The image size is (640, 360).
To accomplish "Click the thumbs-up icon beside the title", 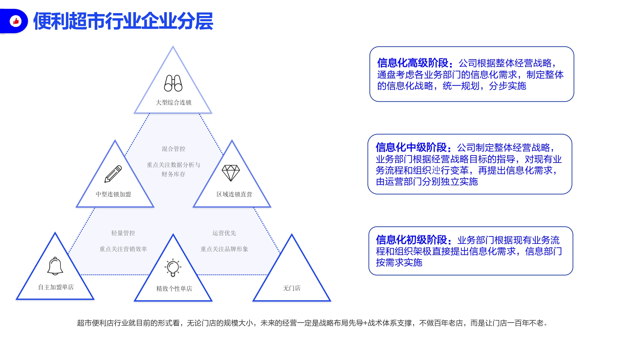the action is click(16, 21).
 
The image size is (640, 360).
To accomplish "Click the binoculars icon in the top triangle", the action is click(173, 83).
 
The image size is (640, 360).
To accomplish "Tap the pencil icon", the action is click(113, 174).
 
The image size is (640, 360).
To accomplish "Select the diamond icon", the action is click(231, 173).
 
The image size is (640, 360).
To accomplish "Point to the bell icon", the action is click(55, 266).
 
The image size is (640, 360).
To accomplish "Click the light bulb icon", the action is click(173, 268).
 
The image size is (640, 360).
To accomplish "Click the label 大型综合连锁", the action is click(173, 102).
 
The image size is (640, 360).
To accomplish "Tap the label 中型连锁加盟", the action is click(113, 194).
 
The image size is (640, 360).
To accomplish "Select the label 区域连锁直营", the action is click(234, 194).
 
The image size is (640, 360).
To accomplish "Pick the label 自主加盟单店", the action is click(56, 287).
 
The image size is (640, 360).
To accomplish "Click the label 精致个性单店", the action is click(174, 289).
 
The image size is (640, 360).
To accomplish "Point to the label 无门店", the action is click(292, 288).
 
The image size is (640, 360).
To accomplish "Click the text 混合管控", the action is click(173, 149).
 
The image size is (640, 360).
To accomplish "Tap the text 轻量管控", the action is click(123, 233).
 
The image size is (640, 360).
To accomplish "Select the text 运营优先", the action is click(224, 233).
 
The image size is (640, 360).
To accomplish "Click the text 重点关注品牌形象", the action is click(224, 249).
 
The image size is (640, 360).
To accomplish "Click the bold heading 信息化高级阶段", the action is click(412, 63).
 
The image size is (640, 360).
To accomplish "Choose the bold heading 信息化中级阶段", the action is click(411, 147).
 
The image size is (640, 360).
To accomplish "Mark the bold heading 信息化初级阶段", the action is click(412, 240).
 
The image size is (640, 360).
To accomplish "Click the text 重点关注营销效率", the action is click(123, 249).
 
